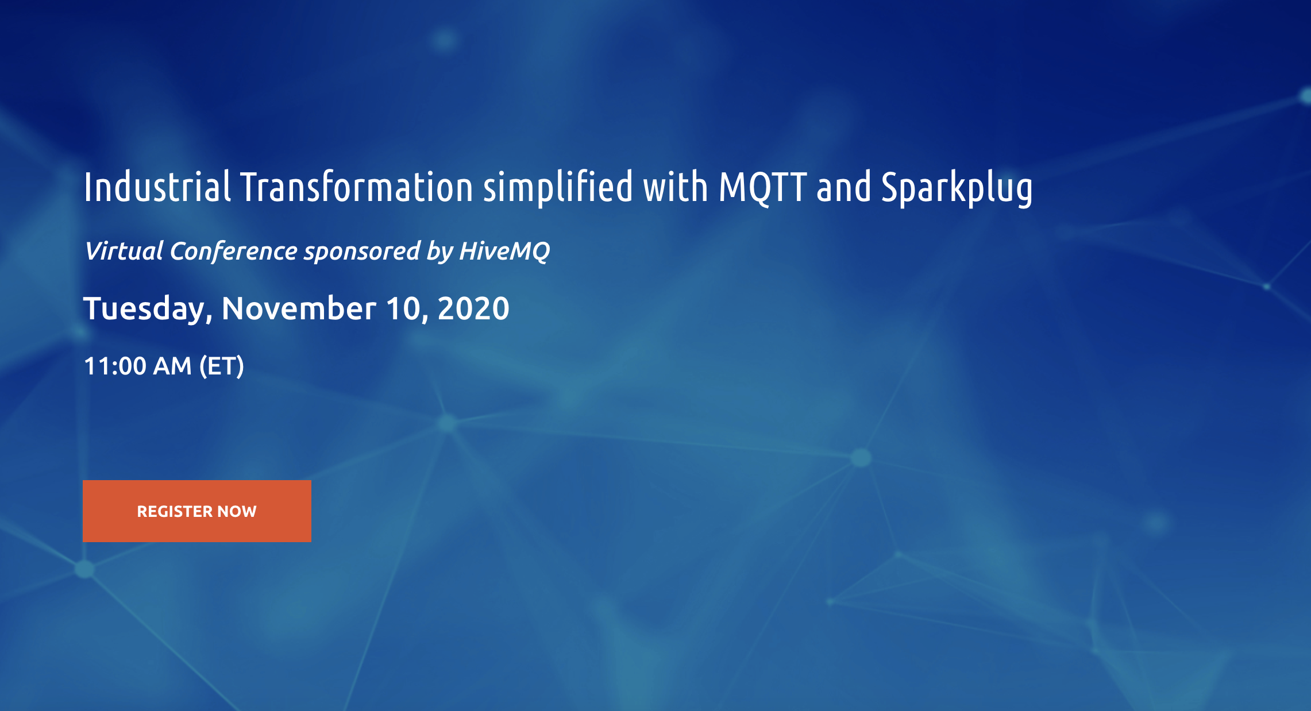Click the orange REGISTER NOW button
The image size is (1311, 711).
tap(197, 511)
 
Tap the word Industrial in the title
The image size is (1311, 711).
tap(157, 187)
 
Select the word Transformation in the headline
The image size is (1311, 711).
tap(356, 187)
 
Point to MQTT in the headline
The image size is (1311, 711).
tap(763, 188)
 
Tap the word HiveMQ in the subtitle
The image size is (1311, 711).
tap(504, 252)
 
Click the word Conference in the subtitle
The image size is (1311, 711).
tap(233, 251)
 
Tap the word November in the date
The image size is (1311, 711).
tap(299, 308)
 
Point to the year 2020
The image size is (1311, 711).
tap(473, 308)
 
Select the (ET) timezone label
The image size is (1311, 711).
tap(222, 366)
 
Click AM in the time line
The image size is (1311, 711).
tap(172, 366)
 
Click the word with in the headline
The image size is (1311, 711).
tap(676, 187)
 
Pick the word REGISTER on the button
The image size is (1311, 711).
tap(175, 511)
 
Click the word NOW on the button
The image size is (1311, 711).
tap(237, 511)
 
